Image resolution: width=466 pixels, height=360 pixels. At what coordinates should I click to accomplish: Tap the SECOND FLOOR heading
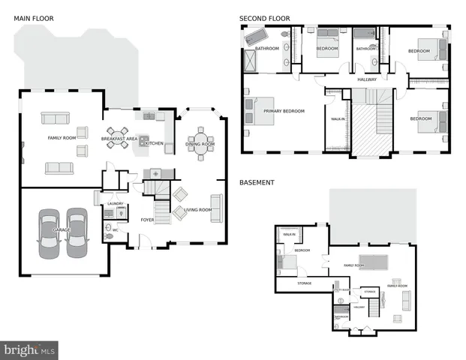point(264,18)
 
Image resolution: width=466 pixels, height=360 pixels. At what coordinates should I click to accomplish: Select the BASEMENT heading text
point(256,182)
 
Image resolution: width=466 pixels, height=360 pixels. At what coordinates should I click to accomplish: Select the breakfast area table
point(117,139)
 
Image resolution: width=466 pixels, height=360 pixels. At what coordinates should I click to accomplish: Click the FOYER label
point(148,220)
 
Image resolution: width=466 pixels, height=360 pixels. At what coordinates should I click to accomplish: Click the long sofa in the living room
point(217,208)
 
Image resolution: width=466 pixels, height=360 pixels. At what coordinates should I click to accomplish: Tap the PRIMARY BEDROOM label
point(284,111)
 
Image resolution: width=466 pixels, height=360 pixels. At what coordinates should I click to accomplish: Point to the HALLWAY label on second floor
point(367,79)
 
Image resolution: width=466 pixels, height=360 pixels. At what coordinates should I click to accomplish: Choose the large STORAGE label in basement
point(304,283)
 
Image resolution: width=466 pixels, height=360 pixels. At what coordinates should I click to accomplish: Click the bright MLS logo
point(30,349)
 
